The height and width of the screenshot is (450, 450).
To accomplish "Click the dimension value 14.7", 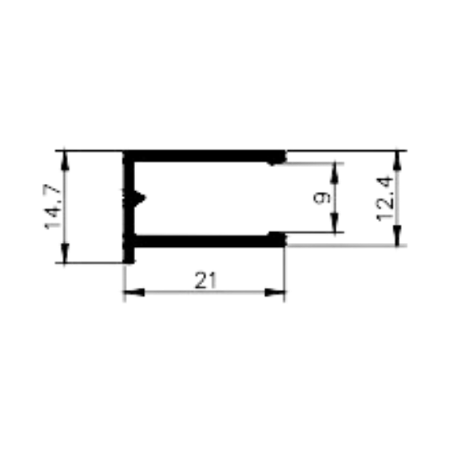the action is click(52, 207).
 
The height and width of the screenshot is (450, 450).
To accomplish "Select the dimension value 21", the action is click(205, 281).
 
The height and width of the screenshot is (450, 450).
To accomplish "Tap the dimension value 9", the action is click(322, 198).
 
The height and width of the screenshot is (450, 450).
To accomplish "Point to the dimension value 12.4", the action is click(384, 199).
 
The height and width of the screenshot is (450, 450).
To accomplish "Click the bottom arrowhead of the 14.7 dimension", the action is click(65, 253).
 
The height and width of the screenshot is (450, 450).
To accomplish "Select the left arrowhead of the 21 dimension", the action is click(134, 293).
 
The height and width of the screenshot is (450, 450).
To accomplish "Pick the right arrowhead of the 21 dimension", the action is click(275, 293).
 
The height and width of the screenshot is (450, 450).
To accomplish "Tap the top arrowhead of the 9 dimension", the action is click(334, 173).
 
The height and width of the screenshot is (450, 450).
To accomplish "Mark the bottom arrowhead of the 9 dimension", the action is click(334, 222).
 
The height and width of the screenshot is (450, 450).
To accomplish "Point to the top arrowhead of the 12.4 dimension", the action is click(397, 161).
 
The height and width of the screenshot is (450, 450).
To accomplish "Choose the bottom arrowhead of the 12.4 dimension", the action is click(397, 235).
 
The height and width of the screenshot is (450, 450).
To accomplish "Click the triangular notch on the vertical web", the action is click(140, 197).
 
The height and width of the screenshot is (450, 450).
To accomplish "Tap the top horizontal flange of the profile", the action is click(205, 157).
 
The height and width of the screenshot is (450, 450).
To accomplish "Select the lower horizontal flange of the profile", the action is click(205, 241).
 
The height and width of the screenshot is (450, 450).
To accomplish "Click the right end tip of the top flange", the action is click(286, 157).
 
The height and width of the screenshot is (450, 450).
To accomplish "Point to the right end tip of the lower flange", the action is click(286, 240).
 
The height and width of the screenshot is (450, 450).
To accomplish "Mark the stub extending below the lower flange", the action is click(129, 255).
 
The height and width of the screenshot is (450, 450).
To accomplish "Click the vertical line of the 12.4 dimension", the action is click(397, 198).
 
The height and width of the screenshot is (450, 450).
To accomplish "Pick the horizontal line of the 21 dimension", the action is click(205, 293).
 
